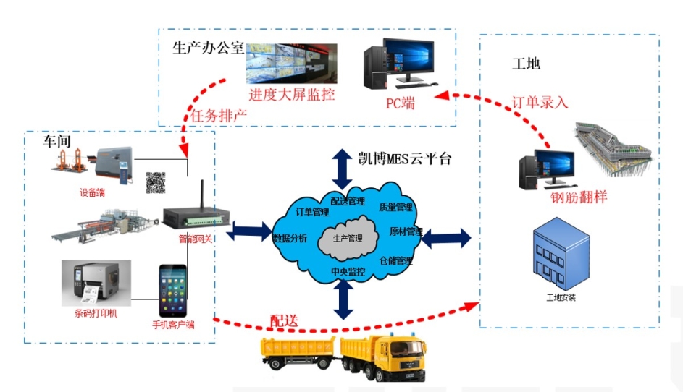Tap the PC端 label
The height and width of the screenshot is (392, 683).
pos(400,103)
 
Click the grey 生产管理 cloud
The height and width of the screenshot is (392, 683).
pos(347,238)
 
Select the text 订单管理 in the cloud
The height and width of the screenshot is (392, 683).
pos(313,213)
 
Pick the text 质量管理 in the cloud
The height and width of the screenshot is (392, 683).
pos(395,208)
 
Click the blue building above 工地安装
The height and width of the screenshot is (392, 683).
pos(557,255)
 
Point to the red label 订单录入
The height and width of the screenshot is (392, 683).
pos(540,102)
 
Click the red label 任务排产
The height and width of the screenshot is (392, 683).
pos(218,115)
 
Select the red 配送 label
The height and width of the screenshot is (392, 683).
pos(284,320)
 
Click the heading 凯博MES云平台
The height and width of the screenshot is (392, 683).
pos(404,158)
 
